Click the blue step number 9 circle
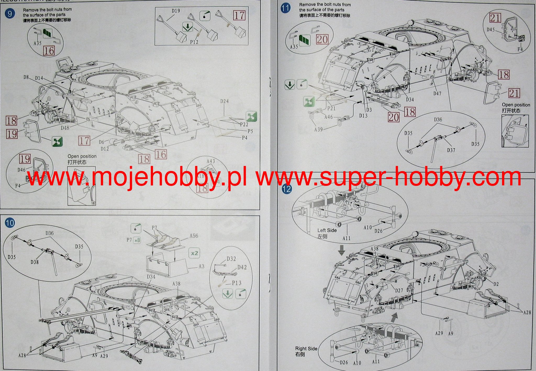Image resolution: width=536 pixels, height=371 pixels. [10, 14]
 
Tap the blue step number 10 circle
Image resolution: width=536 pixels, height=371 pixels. [10, 223]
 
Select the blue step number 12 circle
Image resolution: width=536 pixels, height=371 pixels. [287, 189]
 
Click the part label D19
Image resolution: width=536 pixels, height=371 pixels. [176, 11]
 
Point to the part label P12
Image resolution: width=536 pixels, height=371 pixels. [194, 42]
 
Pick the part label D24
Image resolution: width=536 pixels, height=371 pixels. [225, 101]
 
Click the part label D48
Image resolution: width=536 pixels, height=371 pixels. [65, 128]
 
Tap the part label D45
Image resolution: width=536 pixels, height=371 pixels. [491, 30]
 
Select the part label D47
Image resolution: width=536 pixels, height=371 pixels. [437, 93]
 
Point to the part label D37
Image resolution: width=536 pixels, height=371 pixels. [451, 150]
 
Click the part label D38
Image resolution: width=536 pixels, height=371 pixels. [35, 262]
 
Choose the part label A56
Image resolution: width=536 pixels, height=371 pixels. [194, 236]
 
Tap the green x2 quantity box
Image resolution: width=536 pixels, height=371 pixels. [194, 253]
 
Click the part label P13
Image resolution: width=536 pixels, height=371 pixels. [237, 283]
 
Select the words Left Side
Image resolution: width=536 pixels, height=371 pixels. [327, 230]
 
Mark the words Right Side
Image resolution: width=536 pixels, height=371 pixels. [306, 348]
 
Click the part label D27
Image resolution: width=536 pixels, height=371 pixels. [399, 290]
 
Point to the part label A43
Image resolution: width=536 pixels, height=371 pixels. [211, 161]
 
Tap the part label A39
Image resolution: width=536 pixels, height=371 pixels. [319, 130]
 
